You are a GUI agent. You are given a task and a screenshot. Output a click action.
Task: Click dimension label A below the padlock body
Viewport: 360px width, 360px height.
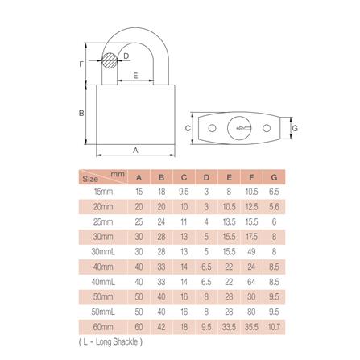pos(135,150)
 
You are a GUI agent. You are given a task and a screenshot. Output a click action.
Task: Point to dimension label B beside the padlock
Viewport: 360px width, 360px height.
pos(81,113)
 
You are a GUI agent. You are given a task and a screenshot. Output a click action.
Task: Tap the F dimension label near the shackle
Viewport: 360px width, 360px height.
pos(81,63)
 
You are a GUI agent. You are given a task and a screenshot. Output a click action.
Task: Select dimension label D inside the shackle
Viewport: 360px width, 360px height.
pos(126,56)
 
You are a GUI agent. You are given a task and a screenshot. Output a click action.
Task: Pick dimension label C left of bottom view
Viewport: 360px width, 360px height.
pos(188,128)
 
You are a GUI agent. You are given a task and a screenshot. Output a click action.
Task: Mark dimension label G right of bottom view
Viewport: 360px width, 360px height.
pos(295,128)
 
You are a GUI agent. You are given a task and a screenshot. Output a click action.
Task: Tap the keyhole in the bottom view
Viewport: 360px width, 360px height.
pos(239,127)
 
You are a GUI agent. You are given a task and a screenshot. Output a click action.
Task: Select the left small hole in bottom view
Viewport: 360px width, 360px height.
pos(211,128)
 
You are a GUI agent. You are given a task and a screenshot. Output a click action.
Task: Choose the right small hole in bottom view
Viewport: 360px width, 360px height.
pos(267,128)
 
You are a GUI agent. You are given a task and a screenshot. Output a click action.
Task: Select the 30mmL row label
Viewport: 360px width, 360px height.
pos(103,252)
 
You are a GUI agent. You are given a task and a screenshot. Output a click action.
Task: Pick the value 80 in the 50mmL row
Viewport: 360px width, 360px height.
pos(253,311)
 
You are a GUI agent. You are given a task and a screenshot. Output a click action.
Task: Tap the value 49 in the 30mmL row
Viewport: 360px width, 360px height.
pos(253,252)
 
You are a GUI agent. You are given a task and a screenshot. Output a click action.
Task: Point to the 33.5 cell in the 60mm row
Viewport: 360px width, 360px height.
pos(229,326)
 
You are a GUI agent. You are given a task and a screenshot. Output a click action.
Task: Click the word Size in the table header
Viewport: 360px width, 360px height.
pos(91,179)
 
